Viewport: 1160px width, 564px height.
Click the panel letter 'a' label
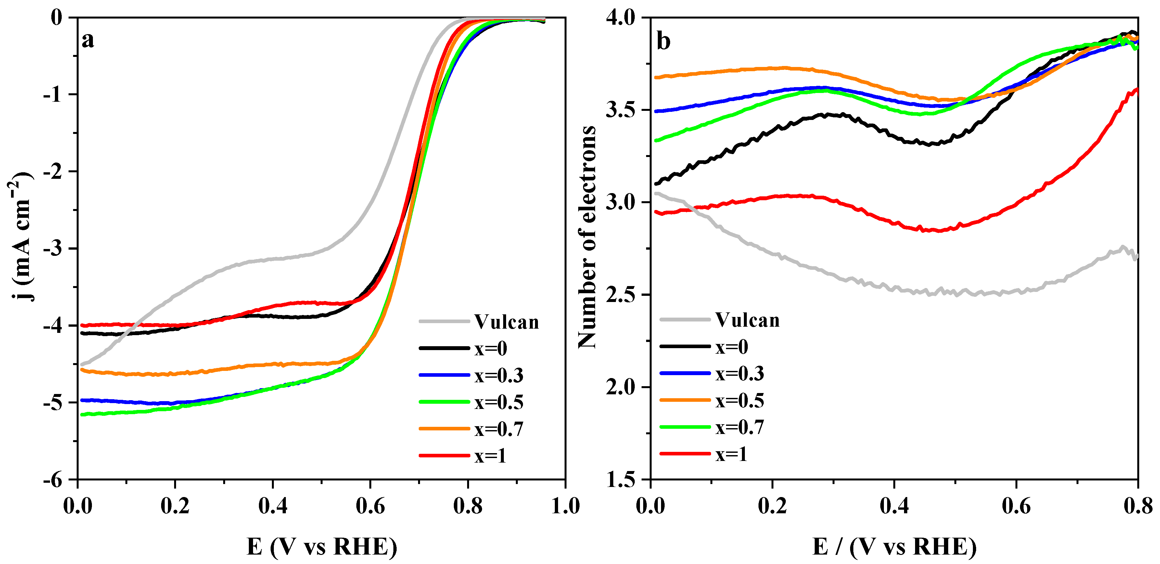coord(88,41)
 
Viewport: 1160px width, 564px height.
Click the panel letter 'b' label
coord(663,41)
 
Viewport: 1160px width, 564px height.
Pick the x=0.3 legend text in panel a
coord(499,375)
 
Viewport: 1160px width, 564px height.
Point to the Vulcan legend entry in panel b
coord(747,320)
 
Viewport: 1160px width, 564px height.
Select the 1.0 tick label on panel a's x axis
coord(565,506)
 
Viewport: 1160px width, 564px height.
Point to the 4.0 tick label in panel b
coord(620,18)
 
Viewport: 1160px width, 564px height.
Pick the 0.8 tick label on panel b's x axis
coord(1138,506)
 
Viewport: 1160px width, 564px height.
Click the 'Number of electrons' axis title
coord(587,237)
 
